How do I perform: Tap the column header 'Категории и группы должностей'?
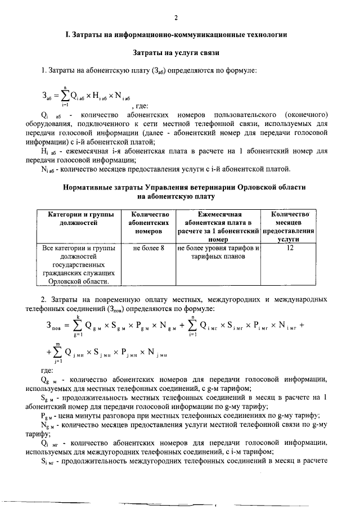pyautogui.click(x=79, y=218)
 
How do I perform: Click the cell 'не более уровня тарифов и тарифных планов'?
pyautogui.click(x=217, y=252)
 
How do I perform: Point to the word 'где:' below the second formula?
pyautogui.click(x=47, y=371)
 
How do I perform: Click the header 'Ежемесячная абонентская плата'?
pyautogui.click(x=217, y=226)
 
